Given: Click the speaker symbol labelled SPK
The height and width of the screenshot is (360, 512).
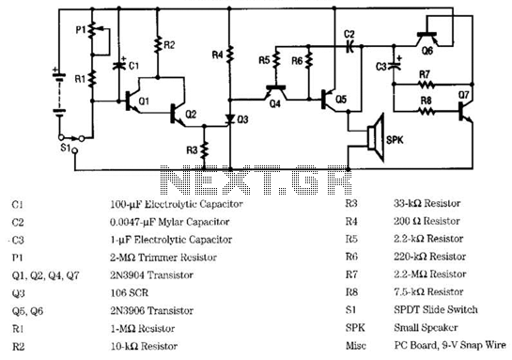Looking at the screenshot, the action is pyautogui.click(x=376, y=137).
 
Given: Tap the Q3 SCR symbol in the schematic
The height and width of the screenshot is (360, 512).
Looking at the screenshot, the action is pyautogui.click(x=230, y=119).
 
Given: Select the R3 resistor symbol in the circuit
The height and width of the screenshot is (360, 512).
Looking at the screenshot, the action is pyautogui.click(x=205, y=149).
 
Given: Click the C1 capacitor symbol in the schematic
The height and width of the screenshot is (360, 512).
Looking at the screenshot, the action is pyautogui.click(x=119, y=66).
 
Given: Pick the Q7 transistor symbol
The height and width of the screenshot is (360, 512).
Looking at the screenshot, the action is pyautogui.click(x=465, y=112).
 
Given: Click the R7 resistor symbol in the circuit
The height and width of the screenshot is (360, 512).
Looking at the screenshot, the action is pyautogui.click(x=426, y=85).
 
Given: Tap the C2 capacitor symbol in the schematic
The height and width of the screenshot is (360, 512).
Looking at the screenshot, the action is pyautogui.click(x=349, y=47).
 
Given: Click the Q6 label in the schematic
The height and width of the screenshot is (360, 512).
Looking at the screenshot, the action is pyautogui.click(x=427, y=51).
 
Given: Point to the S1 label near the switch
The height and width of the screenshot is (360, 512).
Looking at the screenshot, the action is pyautogui.click(x=66, y=148).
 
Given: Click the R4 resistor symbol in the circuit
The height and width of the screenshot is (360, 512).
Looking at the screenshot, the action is pyautogui.click(x=230, y=55).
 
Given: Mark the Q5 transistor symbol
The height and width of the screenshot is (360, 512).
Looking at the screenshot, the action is pyautogui.click(x=329, y=100).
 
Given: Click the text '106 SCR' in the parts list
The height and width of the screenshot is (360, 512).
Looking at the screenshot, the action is pyautogui.click(x=130, y=292).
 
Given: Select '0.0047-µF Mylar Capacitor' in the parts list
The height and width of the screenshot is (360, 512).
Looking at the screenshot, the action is pyautogui.click(x=169, y=222).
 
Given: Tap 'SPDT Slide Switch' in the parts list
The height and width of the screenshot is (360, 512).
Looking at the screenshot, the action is pyautogui.click(x=436, y=309).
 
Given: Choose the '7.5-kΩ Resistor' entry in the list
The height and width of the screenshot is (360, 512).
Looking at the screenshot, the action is pyautogui.click(x=428, y=291).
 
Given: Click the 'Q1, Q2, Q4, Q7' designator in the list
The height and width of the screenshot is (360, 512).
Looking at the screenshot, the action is pyautogui.click(x=45, y=275).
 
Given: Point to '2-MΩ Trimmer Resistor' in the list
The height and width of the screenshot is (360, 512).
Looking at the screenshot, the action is pyautogui.click(x=163, y=258).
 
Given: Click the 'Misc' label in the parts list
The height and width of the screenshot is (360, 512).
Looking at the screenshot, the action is pyautogui.click(x=356, y=345).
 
